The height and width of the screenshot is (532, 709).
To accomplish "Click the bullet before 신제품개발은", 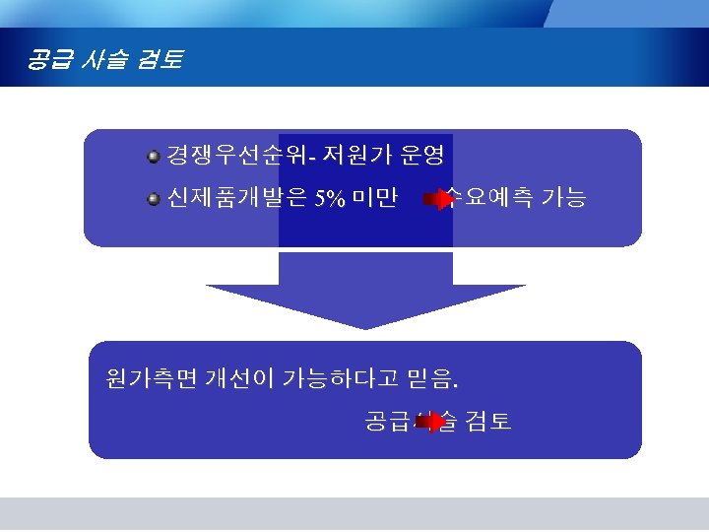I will click(x=154, y=200).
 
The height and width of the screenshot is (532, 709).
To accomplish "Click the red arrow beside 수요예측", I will click(x=438, y=200).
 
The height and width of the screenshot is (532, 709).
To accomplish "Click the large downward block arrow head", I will click(x=365, y=305).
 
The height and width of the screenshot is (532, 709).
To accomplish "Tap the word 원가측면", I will click(x=151, y=376).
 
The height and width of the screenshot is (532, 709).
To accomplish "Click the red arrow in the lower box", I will click(x=431, y=423).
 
